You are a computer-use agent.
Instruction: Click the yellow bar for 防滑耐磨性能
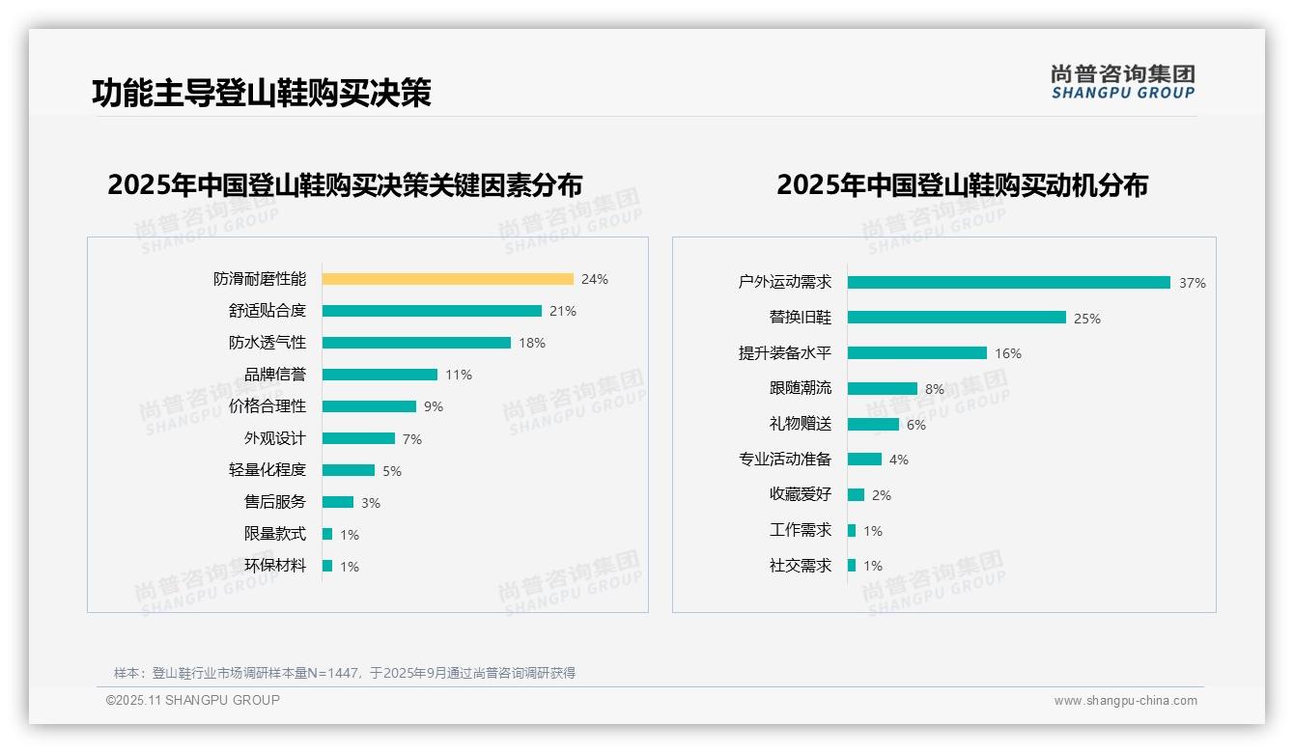click(447, 279)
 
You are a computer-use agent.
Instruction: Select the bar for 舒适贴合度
click(432, 311)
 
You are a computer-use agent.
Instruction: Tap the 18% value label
click(532, 343)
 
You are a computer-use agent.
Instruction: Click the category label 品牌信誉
click(274, 375)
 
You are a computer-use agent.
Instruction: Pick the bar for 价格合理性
click(369, 406)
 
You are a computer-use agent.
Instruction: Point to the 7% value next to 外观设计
click(412, 439)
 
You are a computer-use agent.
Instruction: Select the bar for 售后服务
click(338, 502)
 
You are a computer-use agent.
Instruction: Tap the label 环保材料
click(274, 566)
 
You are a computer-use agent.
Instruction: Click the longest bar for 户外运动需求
click(1009, 282)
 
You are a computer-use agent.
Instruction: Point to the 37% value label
click(1192, 283)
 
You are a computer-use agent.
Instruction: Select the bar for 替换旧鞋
click(957, 318)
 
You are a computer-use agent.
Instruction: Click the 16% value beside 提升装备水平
click(1007, 353)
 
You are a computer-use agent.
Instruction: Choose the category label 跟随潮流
click(800, 388)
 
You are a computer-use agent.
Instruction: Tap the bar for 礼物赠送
click(873, 424)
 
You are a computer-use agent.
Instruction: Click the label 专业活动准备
click(784, 460)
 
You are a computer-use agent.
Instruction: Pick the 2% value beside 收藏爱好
click(881, 495)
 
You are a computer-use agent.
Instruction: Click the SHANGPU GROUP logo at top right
click(1122, 81)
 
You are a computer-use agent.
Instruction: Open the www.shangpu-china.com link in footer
click(1125, 701)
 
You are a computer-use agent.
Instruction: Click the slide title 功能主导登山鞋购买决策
click(261, 93)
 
